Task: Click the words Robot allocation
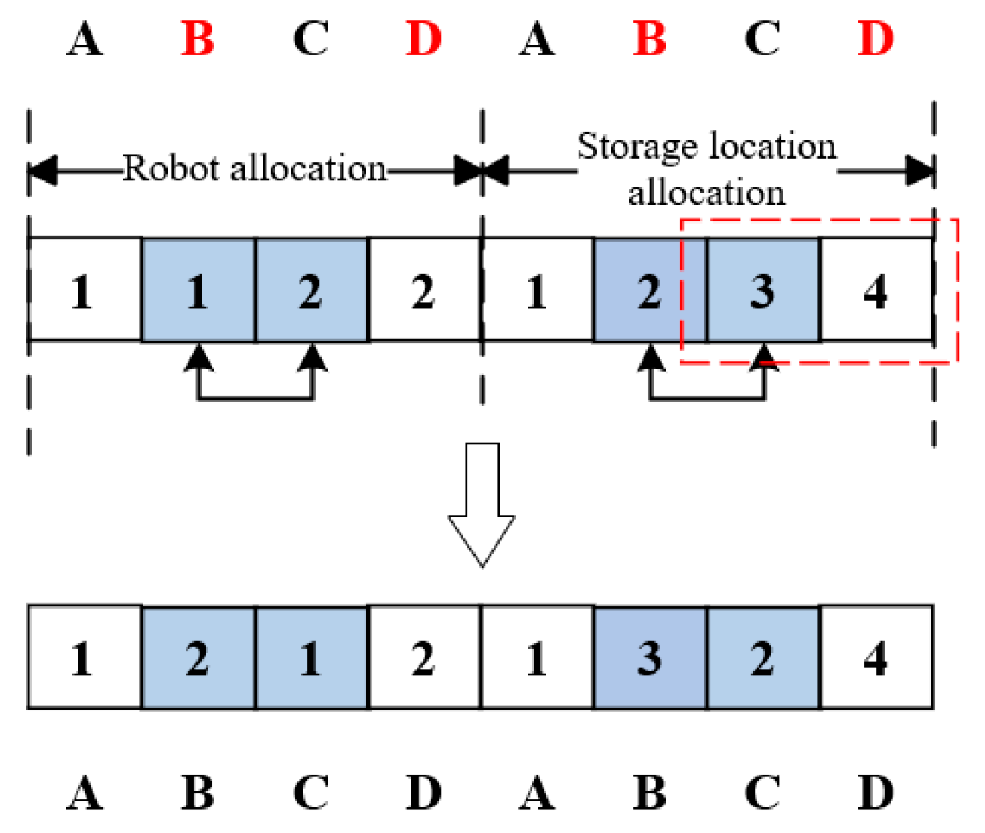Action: [x=254, y=168]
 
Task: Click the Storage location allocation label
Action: [x=706, y=168]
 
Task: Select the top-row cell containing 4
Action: [x=876, y=291]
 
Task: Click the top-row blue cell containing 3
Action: [x=762, y=291]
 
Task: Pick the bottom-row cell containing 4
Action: [x=876, y=658]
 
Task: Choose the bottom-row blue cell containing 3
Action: [x=650, y=658]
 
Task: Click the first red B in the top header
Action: [x=198, y=39]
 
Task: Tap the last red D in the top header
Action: [x=876, y=39]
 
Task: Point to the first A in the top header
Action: [x=85, y=39]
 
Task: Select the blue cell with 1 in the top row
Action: [x=198, y=291]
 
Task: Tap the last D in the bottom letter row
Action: [x=876, y=793]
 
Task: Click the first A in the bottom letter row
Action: [x=85, y=793]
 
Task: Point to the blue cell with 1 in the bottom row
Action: [x=310, y=658]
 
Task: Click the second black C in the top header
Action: [x=762, y=39]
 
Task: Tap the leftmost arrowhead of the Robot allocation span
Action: [x=42, y=171]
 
